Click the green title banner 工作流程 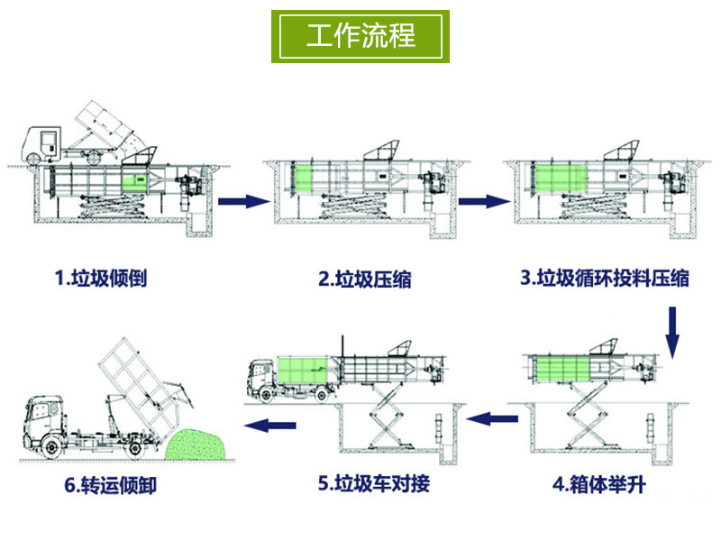[x=360, y=36]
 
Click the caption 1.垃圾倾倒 [x=101, y=278]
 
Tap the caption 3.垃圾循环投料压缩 [x=605, y=278]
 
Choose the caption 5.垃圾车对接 [x=374, y=484]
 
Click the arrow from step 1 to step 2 [x=244, y=201]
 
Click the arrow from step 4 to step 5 [x=495, y=417]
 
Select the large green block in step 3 [x=558, y=179]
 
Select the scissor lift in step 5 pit [x=386, y=420]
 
